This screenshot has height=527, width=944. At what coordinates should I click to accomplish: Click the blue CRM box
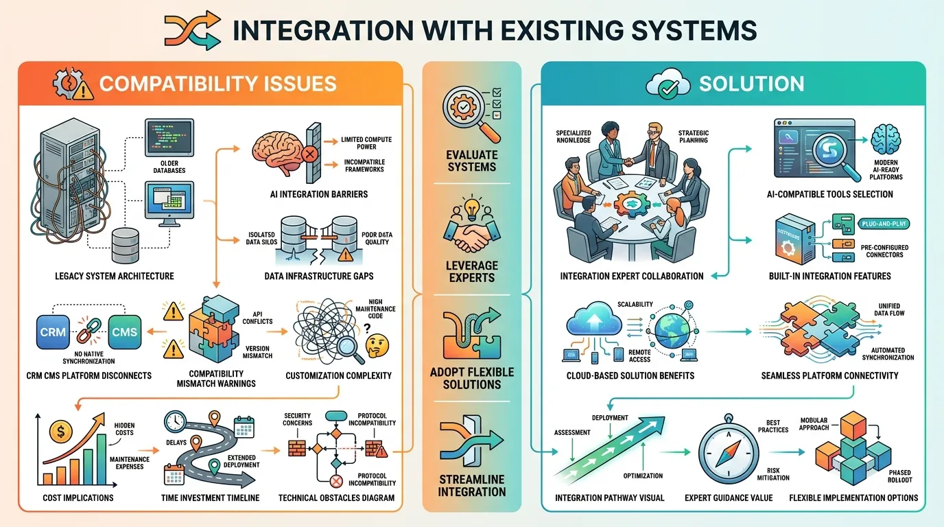coord(53,331)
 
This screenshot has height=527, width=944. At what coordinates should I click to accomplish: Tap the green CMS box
coord(124,331)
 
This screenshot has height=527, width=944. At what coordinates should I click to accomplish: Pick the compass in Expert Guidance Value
coord(729,452)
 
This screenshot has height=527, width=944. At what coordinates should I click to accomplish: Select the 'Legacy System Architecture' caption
coord(104,276)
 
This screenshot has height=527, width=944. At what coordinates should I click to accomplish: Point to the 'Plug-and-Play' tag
coord(884,224)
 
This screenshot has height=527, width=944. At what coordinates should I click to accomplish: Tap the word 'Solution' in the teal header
coord(751,84)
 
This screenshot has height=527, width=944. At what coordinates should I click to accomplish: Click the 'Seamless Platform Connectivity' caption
coord(829,375)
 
